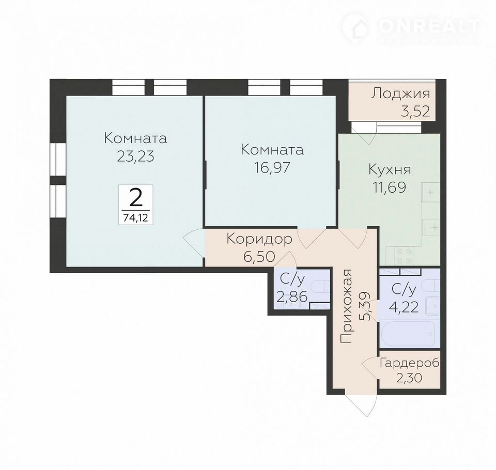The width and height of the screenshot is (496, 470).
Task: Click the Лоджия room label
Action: (400, 94)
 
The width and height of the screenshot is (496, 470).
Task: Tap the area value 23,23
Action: (135, 156)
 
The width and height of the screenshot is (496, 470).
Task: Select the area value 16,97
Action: (272, 167)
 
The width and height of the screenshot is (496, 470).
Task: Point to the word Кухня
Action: (390, 170)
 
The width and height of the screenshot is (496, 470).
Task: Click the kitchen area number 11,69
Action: (390, 187)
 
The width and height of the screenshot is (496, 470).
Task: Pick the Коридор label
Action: (259, 240)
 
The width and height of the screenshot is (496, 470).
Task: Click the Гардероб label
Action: (410, 363)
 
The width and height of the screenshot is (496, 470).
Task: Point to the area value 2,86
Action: (292, 297)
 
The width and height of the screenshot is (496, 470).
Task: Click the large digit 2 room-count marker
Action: (136, 199)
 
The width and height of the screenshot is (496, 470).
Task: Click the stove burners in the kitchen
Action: (404, 256)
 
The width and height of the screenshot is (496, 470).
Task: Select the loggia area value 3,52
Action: (415, 112)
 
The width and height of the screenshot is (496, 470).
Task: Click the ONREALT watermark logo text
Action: (429, 26)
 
